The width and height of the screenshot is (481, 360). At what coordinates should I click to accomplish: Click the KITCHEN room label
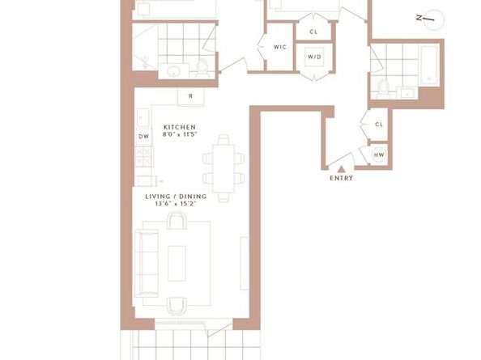click(180, 127)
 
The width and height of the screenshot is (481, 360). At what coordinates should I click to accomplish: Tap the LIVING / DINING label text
click(176, 197)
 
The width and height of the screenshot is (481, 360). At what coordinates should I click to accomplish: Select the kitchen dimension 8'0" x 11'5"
click(180, 134)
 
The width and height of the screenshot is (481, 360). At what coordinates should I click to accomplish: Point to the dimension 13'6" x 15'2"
click(176, 204)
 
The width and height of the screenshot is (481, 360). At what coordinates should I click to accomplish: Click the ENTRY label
click(341, 178)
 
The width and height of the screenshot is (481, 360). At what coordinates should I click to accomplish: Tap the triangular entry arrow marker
click(341, 169)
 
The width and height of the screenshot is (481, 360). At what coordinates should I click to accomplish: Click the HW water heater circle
click(379, 155)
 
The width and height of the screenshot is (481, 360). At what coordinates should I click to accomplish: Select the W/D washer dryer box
click(314, 57)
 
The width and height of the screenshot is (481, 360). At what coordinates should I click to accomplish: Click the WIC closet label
click(279, 47)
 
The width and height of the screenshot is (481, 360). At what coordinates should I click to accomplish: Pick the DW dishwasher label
click(143, 137)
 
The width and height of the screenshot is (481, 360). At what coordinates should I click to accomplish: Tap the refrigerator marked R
click(191, 96)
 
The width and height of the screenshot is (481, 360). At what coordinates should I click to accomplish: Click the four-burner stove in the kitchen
click(144, 157)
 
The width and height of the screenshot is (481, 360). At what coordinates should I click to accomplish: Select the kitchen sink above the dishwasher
click(143, 117)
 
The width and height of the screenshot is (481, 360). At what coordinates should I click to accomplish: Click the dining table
click(223, 168)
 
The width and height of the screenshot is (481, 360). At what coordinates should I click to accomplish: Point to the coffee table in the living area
click(177, 263)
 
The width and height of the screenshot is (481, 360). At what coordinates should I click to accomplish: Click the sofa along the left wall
click(147, 263)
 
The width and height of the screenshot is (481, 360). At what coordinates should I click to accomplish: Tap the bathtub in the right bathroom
click(429, 66)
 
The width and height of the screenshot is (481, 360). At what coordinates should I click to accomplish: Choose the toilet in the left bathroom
click(202, 69)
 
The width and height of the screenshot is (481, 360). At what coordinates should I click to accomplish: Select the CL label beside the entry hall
click(379, 125)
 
